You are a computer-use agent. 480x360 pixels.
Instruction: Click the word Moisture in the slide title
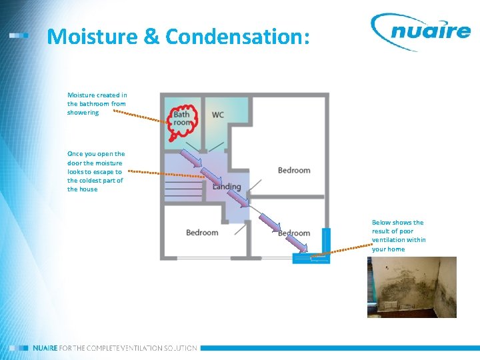[93, 37]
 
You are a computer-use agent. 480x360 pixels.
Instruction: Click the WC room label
[217, 115]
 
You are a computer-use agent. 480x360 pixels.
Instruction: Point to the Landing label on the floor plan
[227, 186]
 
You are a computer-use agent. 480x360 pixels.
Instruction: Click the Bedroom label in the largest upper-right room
[294, 170]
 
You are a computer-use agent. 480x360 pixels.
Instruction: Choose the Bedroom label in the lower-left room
[202, 233]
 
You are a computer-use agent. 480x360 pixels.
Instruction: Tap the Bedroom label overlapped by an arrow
[294, 233]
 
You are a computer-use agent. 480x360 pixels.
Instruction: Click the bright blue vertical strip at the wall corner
[326, 241]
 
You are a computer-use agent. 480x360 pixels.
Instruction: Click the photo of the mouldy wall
[411, 287]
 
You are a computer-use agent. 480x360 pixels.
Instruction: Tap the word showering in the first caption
[83, 113]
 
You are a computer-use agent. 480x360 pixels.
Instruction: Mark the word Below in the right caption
[381, 223]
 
